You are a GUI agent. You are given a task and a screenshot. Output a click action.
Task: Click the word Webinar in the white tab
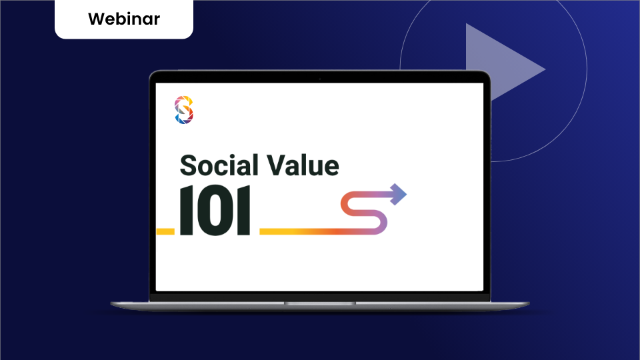click(123, 19)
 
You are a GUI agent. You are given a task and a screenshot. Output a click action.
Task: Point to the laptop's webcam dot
click(320, 79)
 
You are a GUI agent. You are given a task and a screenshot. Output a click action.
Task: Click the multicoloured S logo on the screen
click(184, 110)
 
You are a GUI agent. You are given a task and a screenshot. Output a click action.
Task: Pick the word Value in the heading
click(304, 165)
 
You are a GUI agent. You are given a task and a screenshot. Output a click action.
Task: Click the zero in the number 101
click(214, 211)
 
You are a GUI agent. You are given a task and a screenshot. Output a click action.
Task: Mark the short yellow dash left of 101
click(165, 231)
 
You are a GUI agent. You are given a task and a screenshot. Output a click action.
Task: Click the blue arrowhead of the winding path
click(399, 194)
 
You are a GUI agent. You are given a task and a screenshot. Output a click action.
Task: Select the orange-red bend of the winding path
click(347, 203)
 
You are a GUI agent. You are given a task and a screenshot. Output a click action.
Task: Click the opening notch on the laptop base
click(320, 303)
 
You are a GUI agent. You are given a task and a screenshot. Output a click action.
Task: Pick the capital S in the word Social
click(190, 165)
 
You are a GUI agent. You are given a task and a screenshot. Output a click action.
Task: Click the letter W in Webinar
click(95, 19)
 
